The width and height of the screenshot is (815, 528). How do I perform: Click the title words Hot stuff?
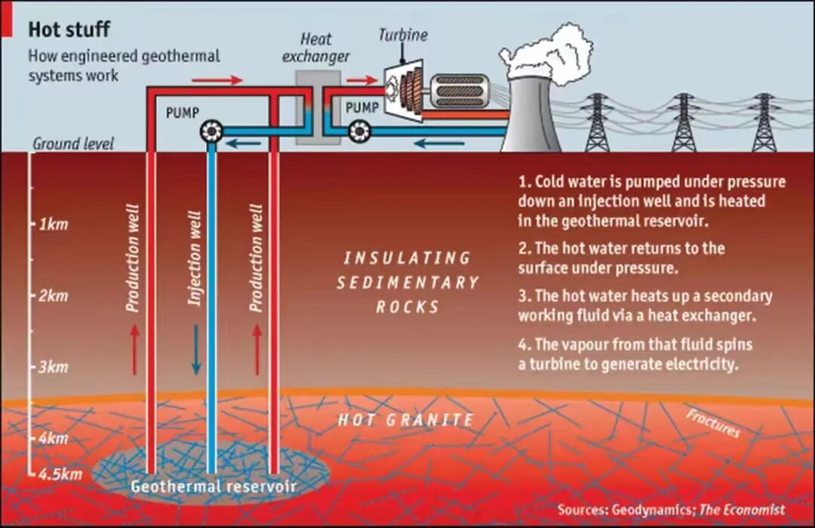pos(69,30)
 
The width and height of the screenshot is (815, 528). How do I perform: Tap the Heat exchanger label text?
pos(324,47)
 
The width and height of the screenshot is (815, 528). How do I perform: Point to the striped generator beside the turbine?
pos(459,91)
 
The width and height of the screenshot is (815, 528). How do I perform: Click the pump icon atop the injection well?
pos(212,132)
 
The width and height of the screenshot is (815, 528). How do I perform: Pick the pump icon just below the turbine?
pos(359,132)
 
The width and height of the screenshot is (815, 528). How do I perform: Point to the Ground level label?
pos(73,143)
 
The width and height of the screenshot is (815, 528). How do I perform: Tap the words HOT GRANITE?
pos(406,420)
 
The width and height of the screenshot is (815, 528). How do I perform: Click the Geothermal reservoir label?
pos(213,487)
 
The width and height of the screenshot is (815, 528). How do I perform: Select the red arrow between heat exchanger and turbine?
pos(361,81)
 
